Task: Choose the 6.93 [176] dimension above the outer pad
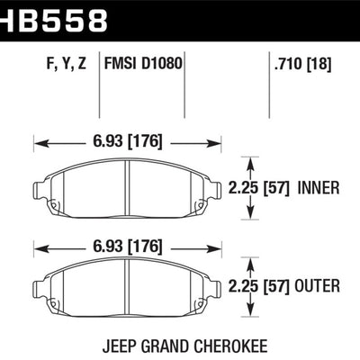126,247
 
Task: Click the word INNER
319,187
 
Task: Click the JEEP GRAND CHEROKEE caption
180,343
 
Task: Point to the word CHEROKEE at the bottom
230,343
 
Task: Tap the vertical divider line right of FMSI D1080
184,81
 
